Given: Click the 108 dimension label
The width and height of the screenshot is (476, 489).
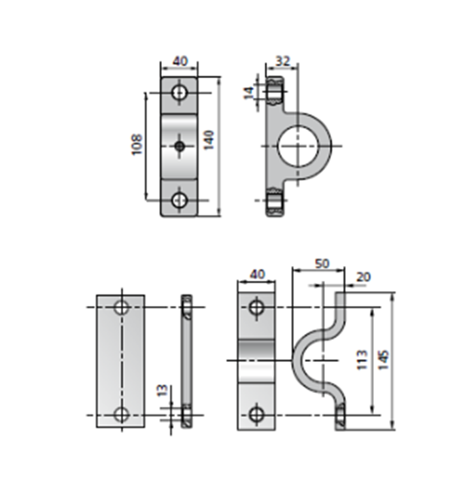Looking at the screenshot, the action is (137, 144).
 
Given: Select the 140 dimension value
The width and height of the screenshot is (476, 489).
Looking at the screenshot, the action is (209, 140).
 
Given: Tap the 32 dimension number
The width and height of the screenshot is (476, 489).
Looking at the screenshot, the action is (283, 61).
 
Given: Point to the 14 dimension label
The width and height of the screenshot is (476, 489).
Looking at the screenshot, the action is (249, 93).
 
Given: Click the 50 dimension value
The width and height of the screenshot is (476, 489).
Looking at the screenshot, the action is (322, 263).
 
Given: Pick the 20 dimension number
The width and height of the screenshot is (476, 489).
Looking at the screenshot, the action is (363, 277).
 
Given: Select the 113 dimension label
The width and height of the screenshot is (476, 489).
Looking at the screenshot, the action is (362, 360).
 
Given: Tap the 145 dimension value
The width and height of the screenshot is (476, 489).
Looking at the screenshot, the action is (384, 360).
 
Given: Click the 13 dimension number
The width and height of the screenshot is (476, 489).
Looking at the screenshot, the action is (162, 390).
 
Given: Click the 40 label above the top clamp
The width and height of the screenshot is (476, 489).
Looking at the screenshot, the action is (180, 61).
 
